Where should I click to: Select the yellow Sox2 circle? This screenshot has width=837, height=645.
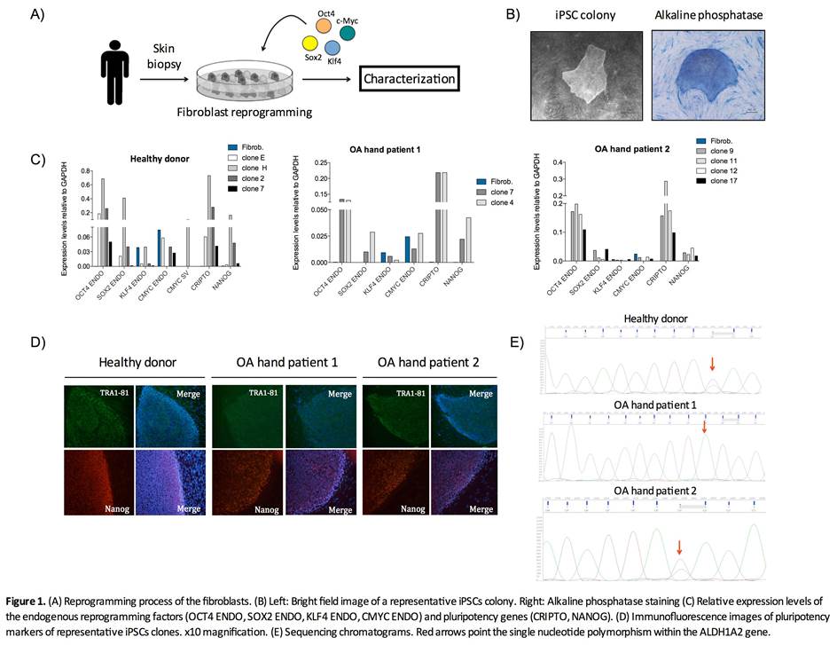pyautogui.click(x=310, y=43)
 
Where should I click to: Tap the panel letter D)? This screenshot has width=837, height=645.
pyautogui.click(x=37, y=343)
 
